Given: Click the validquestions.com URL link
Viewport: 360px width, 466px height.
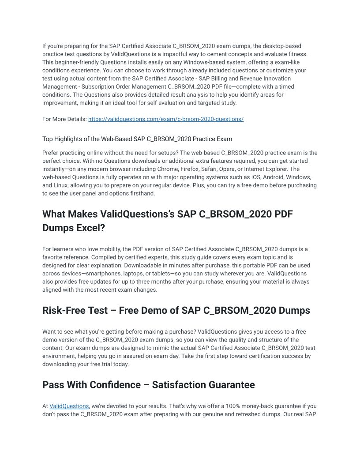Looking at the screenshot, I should [x=166, y=119].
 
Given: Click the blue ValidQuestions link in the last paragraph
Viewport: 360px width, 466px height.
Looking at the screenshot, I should [x=69, y=406].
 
